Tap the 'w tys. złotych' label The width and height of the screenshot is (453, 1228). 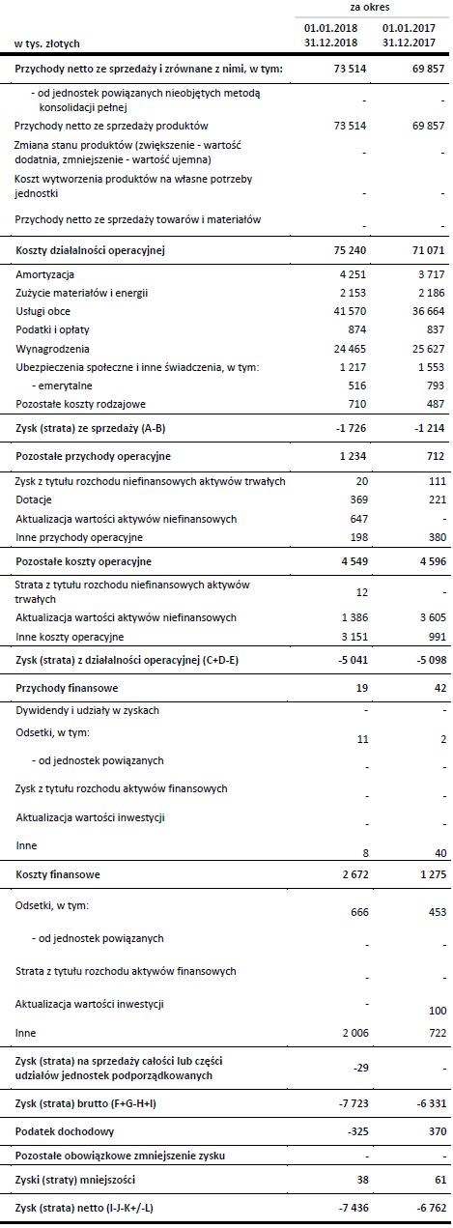pyautogui.click(x=47, y=43)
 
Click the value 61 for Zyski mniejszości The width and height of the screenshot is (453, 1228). pyautogui.click(x=433, y=1182)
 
